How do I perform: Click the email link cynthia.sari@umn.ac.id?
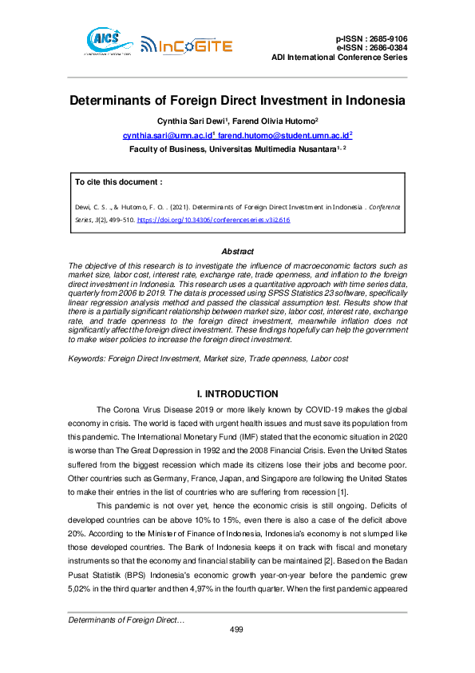173,136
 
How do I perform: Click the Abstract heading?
237,252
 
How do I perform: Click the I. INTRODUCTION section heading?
237,394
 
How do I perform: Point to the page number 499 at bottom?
236,630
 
